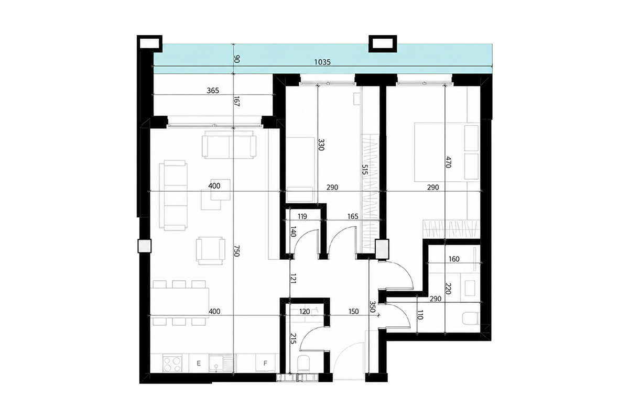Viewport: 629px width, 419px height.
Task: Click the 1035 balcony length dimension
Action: point(322,62)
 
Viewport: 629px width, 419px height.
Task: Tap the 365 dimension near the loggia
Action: point(213,91)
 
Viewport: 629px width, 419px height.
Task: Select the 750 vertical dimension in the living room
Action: point(236,250)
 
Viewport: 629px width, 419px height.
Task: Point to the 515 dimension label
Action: point(364,170)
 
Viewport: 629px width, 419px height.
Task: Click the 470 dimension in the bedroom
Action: point(448,162)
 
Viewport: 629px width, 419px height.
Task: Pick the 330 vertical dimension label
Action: point(321,145)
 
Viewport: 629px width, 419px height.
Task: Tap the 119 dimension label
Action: point(302,216)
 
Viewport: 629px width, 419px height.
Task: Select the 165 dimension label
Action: point(353,216)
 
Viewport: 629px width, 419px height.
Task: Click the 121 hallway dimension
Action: point(293,278)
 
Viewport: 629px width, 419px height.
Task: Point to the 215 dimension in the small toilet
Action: point(293,339)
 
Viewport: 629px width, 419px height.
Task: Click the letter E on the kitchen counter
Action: point(199,363)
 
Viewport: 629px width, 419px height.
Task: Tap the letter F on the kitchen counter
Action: point(265,363)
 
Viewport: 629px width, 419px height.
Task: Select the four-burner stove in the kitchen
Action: point(172,363)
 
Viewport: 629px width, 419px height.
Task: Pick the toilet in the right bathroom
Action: point(470,318)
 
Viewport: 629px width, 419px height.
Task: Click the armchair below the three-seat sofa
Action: point(211,251)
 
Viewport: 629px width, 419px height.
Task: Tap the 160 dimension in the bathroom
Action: point(454,259)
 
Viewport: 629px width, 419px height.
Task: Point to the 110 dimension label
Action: point(420,315)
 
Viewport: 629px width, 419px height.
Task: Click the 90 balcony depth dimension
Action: point(237,59)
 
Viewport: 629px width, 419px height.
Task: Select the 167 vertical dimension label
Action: point(237,101)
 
